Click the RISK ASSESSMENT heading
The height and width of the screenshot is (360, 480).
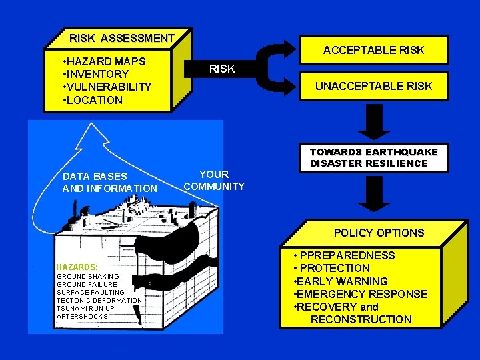point(121,39)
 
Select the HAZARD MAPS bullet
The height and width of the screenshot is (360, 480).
point(106,61)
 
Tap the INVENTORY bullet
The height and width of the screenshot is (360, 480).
point(97,74)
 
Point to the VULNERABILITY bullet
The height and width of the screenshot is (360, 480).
point(109,87)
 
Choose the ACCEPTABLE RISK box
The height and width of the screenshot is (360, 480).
point(373,50)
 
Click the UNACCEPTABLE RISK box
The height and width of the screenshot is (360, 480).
point(373,86)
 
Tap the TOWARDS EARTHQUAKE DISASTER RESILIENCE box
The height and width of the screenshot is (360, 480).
point(373,157)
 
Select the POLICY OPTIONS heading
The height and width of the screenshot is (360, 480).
point(379,233)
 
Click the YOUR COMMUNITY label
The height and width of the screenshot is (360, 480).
point(214,181)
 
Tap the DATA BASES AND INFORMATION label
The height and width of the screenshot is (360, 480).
point(109,183)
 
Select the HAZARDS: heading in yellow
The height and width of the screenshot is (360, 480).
point(77,266)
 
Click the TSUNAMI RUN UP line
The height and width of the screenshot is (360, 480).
point(85,308)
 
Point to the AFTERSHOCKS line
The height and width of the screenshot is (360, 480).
point(82,316)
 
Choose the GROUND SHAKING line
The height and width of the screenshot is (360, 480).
point(88,276)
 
